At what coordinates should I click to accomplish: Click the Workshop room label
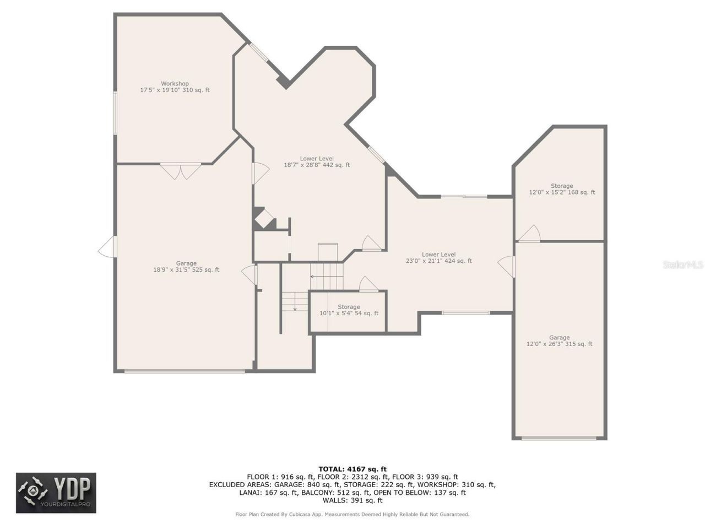175,87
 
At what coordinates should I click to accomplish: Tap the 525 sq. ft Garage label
186,267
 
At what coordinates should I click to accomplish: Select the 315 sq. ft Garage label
559,341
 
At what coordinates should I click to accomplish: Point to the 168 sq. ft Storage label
562,190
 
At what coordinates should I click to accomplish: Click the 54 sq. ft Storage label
349,310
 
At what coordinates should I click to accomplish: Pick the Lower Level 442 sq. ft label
317,162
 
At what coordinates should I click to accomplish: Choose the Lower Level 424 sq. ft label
438,258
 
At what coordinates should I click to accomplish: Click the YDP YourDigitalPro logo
56,493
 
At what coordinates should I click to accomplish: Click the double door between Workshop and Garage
181,171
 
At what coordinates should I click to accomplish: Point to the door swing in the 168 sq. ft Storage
530,234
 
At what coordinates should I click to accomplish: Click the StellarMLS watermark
683,265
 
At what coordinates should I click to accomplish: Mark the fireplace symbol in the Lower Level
264,218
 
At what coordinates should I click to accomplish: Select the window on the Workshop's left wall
115,113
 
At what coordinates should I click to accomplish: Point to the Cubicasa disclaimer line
352,515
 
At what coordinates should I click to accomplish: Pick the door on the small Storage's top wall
368,285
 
